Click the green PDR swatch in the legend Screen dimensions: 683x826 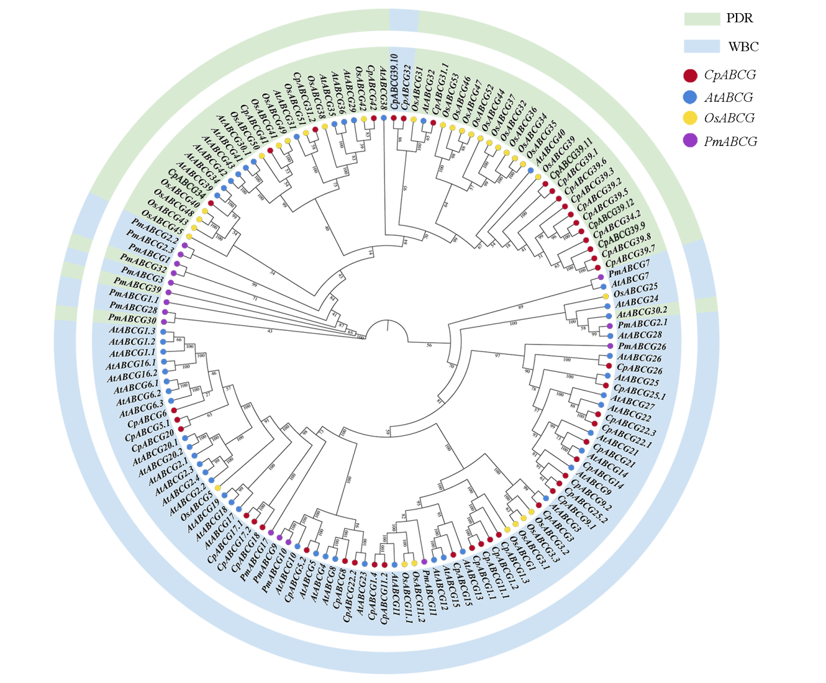pos(701,18)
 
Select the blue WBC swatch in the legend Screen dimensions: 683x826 pos(701,46)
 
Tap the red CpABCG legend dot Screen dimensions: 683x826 pos(690,76)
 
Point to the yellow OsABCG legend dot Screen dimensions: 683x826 pos(690,118)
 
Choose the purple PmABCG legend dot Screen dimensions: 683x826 pos(690,141)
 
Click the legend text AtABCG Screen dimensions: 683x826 pos(728,97)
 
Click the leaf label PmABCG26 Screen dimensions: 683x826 pos(642,346)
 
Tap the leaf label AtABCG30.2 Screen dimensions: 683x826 pos(642,312)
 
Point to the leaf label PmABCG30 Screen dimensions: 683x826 pos(132,320)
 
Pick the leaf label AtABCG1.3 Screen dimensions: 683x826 pos(132,331)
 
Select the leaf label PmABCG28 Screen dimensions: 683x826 pos(133,308)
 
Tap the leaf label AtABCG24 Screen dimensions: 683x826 pos(637,301)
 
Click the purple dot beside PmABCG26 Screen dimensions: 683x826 pos(610,346)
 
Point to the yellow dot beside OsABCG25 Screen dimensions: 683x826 pos(605,296)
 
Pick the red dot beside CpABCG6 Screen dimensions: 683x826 pos(174,411)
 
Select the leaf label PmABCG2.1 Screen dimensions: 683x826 pos(642,324)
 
